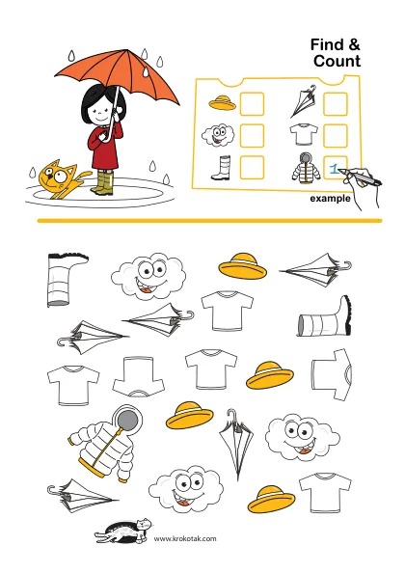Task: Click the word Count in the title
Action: pyautogui.click(x=337, y=61)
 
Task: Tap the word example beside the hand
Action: pyautogui.click(x=330, y=199)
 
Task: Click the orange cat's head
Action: pyautogui.click(x=54, y=176)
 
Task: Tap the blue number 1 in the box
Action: pyautogui.click(x=334, y=169)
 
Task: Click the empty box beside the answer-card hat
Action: pyautogui.click(x=252, y=104)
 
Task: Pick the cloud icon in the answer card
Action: pyautogui.click(x=218, y=136)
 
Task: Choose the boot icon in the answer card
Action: pyautogui.click(x=222, y=168)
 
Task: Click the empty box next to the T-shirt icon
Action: pyautogui.click(x=336, y=136)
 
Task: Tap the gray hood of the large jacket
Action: pyautogui.click(x=127, y=418)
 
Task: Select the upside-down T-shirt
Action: pyautogui.click(x=139, y=376)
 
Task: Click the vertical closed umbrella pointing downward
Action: pyautogui.click(x=236, y=443)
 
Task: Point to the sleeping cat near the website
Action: pyautogui.click(x=123, y=531)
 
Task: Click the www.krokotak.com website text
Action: pyautogui.click(x=185, y=538)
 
